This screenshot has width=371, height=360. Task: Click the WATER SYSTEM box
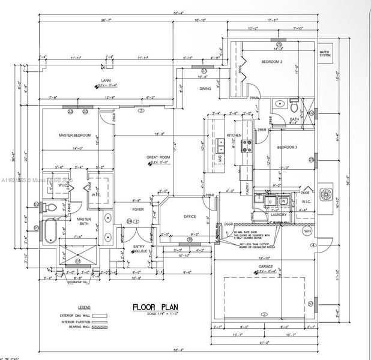pos(326,55)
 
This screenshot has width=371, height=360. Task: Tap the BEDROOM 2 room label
pos(273,62)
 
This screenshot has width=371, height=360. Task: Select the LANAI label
pos(105,80)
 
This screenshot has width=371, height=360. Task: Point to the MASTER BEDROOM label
pos(74,135)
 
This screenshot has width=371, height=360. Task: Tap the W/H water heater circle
pos(307,231)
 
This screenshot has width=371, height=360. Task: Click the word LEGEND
pos(84,306)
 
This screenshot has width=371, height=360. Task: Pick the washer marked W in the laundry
pos(283,201)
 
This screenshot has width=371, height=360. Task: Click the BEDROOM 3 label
pos(287,147)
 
